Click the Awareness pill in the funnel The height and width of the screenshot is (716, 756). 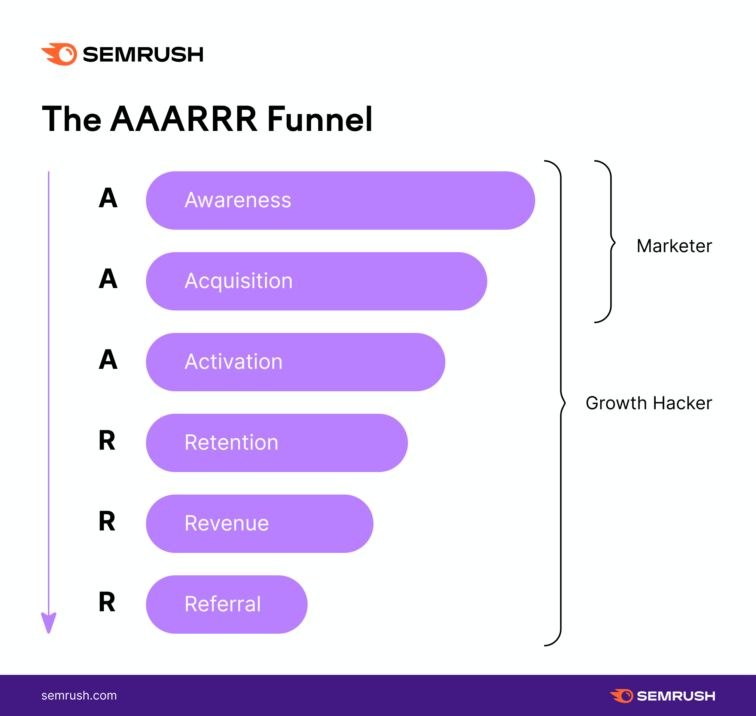click(x=340, y=201)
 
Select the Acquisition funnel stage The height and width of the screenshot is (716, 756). click(x=317, y=281)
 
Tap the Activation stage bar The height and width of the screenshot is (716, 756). click(x=296, y=362)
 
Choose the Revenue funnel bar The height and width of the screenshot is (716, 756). click(x=260, y=524)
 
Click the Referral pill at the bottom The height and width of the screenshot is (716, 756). click(x=227, y=605)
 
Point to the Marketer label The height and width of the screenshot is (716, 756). click(x=674, y=246)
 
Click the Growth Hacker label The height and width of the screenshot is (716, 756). click(x=649, y=403)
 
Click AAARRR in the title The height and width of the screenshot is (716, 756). click(x=184, y=119)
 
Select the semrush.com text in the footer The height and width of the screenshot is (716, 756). click(x=79, y=695)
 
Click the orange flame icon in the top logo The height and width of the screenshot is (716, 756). click(x=59, y=54)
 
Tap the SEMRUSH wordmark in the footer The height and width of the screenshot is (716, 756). click(x=676, y=696)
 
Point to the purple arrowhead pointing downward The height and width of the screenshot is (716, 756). click(x=49, y=622)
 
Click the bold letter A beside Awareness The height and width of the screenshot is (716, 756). click(x=108, y=198)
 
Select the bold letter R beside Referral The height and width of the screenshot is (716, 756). click(x=107, y=602)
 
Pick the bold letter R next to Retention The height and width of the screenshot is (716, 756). click(x=107, y=440)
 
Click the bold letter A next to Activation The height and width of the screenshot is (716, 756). click(x=108, y=359)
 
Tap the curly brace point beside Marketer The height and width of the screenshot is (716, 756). click(x=615, y=242)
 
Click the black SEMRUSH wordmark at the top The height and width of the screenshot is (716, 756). click(x=143, y=55)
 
